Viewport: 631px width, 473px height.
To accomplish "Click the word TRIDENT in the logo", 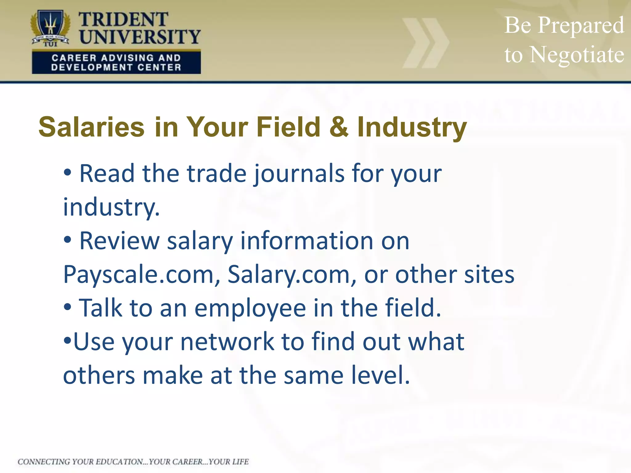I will [x=123, y=20].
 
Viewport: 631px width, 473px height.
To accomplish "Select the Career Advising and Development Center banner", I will [x=116, y=63].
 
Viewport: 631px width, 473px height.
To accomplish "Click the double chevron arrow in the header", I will [x=425, y=43].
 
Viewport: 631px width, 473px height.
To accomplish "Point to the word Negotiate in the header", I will [x=576, y=55].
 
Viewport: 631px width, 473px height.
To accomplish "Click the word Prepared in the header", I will [x=581, y=25].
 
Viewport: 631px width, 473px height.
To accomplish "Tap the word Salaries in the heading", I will [x=92, y=127].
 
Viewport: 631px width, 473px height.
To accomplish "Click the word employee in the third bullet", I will [x=250, y=309].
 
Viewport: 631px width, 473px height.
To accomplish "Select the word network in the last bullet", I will [x=227, y=342].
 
